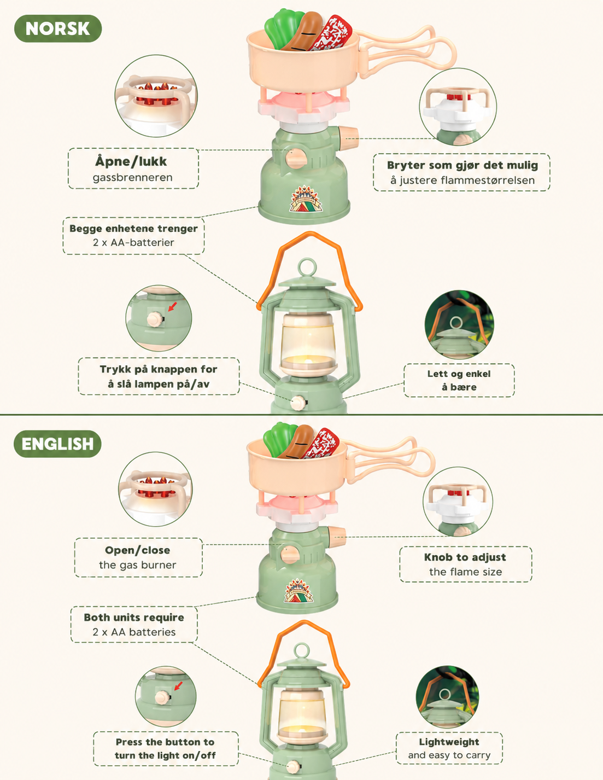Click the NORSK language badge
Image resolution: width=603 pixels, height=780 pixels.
[x=58, y=28]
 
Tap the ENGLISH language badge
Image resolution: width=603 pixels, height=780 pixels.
[x=57, y=444]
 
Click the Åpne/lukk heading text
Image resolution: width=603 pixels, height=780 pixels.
[x=131, y=161]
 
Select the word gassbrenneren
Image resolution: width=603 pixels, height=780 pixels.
[x=132, y=177]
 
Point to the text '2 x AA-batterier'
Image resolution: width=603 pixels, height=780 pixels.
[x=133, y=243]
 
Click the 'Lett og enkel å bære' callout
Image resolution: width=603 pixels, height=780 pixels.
[x=459, y=380]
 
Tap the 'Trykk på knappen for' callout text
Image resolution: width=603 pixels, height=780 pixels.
[x=159, y=369]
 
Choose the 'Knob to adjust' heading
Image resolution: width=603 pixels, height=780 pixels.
[x=465, y=557]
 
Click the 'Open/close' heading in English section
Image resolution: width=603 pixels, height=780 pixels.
[x=137, y=550]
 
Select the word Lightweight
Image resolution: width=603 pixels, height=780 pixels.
[x=449, y=742]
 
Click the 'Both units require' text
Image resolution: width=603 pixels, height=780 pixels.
[x=134, y=618]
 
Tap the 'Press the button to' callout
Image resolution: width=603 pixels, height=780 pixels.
[x=165, y=742]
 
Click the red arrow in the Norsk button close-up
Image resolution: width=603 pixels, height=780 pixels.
[x=173, y=306]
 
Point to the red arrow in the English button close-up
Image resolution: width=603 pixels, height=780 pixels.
[x=178, y=686]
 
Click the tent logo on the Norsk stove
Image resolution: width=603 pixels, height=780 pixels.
[x=306, y=199]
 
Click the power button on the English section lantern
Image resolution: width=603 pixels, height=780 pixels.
[x=294, y=767]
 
